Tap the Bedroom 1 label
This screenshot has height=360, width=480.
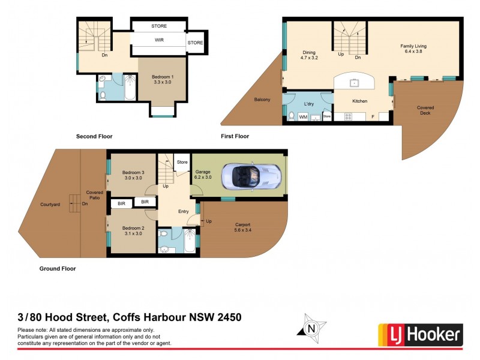(x=163, y=79)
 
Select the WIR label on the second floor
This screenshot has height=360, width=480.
(x=159, y=40)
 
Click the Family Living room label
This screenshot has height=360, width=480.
(x=414, y=49)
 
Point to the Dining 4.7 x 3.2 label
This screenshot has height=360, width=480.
(x=309, y=55)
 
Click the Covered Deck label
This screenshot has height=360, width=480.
(x=426, y=110)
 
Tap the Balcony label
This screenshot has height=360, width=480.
(x=262, y=100)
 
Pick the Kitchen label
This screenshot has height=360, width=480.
(x=360, y=101)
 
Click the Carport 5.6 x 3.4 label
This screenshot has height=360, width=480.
(x=243, y=227)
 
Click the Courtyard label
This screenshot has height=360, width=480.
(x=50, y=205)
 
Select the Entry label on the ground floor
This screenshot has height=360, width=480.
(x=184, y=211)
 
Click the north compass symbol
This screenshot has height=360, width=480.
(x=311, y=328)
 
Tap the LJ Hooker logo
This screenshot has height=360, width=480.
(x=420, y=334)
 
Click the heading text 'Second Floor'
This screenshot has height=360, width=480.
(x=94, y=136)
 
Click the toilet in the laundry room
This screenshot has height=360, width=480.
(x=291, y=116)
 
